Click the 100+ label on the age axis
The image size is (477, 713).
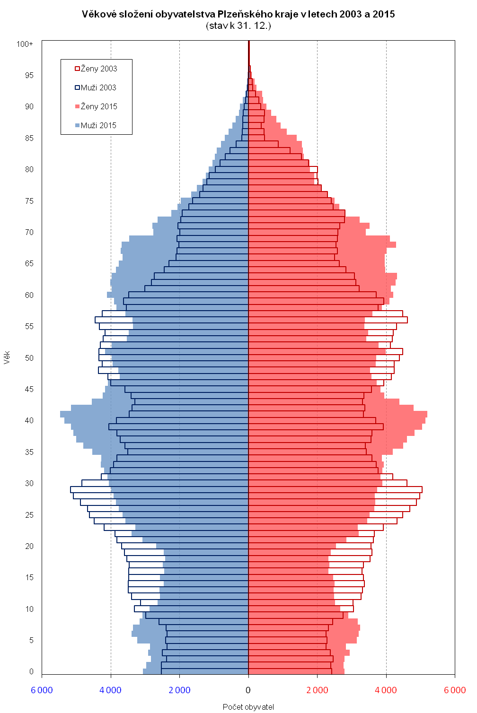coord(25,44)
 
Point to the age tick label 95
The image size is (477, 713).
coord(29,75)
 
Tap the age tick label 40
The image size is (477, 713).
coord(29,420)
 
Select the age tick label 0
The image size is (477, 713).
coord(31,671)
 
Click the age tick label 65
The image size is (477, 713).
coord(29,263)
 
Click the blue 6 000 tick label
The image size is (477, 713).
coord(42,690)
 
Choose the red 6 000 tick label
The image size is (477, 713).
coord(455,690)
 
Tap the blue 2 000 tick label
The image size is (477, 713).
coord(179,690)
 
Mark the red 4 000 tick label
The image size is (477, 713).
coord(386,690)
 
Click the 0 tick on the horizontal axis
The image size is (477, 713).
coord(248,690)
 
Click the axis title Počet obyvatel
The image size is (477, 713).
coord(248,707)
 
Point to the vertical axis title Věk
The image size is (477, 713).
coord(7,357)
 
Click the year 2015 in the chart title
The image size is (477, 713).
coord(383,14)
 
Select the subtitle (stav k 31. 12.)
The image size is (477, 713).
coord(238,26)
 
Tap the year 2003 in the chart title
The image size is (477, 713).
coord(349,14)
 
